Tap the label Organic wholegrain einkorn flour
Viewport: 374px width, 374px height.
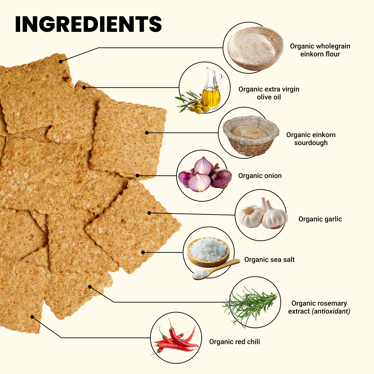coord(320,50)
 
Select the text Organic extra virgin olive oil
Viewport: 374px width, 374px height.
coord(269,93)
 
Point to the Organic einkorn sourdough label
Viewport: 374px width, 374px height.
coord(311,139)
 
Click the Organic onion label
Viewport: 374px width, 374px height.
coord(260,176)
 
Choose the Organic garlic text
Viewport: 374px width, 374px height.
coord(320,219)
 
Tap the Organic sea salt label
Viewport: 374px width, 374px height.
coord(269,260)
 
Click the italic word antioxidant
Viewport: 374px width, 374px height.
coord(331,311)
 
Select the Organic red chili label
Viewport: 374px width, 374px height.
coord(234,342)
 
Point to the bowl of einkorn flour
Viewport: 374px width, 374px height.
coord(255,48)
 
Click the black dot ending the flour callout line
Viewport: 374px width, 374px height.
coord(61,62)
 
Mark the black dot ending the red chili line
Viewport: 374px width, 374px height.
coord(32,317)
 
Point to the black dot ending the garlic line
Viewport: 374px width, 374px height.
coord(149,213)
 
